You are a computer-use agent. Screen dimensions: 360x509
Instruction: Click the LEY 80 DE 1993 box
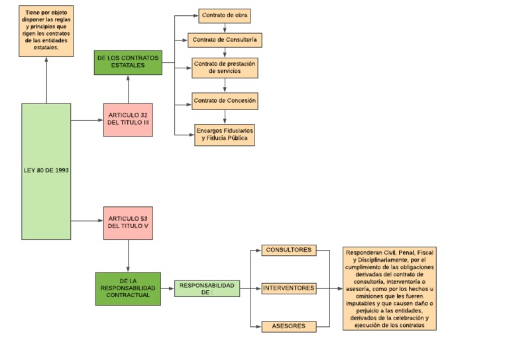pyautogui.click(x=46, y=171)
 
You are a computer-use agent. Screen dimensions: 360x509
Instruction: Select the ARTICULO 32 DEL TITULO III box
pyautogui.click(x=129, y=119)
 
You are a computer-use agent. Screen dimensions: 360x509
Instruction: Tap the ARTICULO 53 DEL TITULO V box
pyautogui.click(x=129, y=222)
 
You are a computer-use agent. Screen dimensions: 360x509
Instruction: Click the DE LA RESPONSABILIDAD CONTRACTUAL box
pyautogui.click(x=128, y=288)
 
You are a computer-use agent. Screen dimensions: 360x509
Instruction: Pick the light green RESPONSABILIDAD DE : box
pyautogui.click(x=207, y=288)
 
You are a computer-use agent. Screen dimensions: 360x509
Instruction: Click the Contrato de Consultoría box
pyautogui.click(x=224, y=40)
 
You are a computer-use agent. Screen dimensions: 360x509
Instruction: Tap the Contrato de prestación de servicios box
pyautogui.click(x=225, y=68)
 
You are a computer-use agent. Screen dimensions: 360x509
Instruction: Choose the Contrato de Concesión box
pyautogui.click(x=224, y=101)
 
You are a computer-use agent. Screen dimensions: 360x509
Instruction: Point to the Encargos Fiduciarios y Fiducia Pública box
pyautogui.click(x=225, y=134)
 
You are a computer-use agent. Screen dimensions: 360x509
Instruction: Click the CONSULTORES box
pyautogui.click(x=288, y=251)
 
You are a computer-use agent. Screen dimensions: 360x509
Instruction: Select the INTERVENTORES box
pyautogui.click(x=288, y=288)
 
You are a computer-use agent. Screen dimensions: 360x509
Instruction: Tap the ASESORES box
pyautogui.click(x=288, y=326)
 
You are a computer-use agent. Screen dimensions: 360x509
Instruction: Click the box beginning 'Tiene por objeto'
pyautogui.click(x=46, y=30)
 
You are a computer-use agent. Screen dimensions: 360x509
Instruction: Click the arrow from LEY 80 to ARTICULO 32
pyautogui.click(x=87, y=120)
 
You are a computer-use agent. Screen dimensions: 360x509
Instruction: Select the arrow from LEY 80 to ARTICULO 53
pyautogui.click(x=87, y=221)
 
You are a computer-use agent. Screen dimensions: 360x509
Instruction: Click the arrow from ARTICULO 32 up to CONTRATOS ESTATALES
pyautogui.click(x=128, y=88)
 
